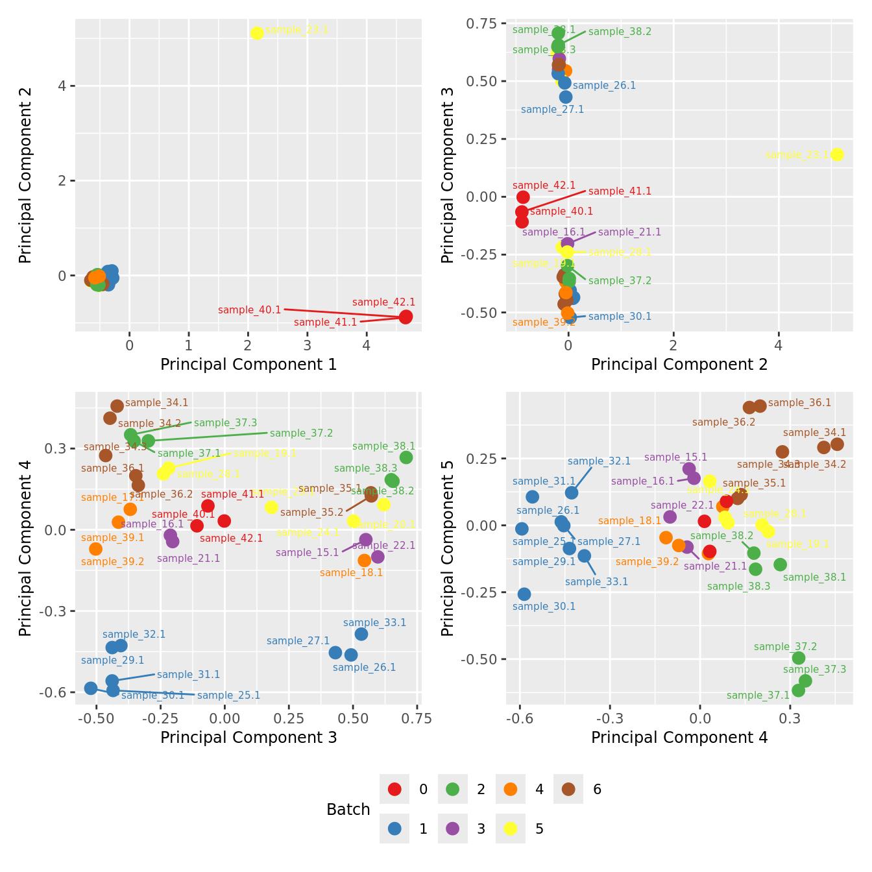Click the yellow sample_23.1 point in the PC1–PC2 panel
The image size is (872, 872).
click(257, 33)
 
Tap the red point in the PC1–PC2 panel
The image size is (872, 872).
click(406, 317)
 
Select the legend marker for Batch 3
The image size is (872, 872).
click(453, 829)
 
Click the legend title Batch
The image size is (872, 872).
click(348, 810)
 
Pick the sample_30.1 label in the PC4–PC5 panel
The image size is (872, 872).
click(544, 607)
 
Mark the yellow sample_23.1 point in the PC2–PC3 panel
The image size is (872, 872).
click(837, 154)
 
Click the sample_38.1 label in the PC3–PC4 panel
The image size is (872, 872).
click(383, 446)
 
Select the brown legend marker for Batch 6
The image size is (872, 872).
click(568, 789)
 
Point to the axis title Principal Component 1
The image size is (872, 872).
click(248, 365)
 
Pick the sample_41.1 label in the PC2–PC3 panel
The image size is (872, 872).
click(620, 191)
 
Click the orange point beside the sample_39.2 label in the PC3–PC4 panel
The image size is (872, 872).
click(96, 549)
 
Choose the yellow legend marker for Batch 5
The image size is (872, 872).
click(511, 829)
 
